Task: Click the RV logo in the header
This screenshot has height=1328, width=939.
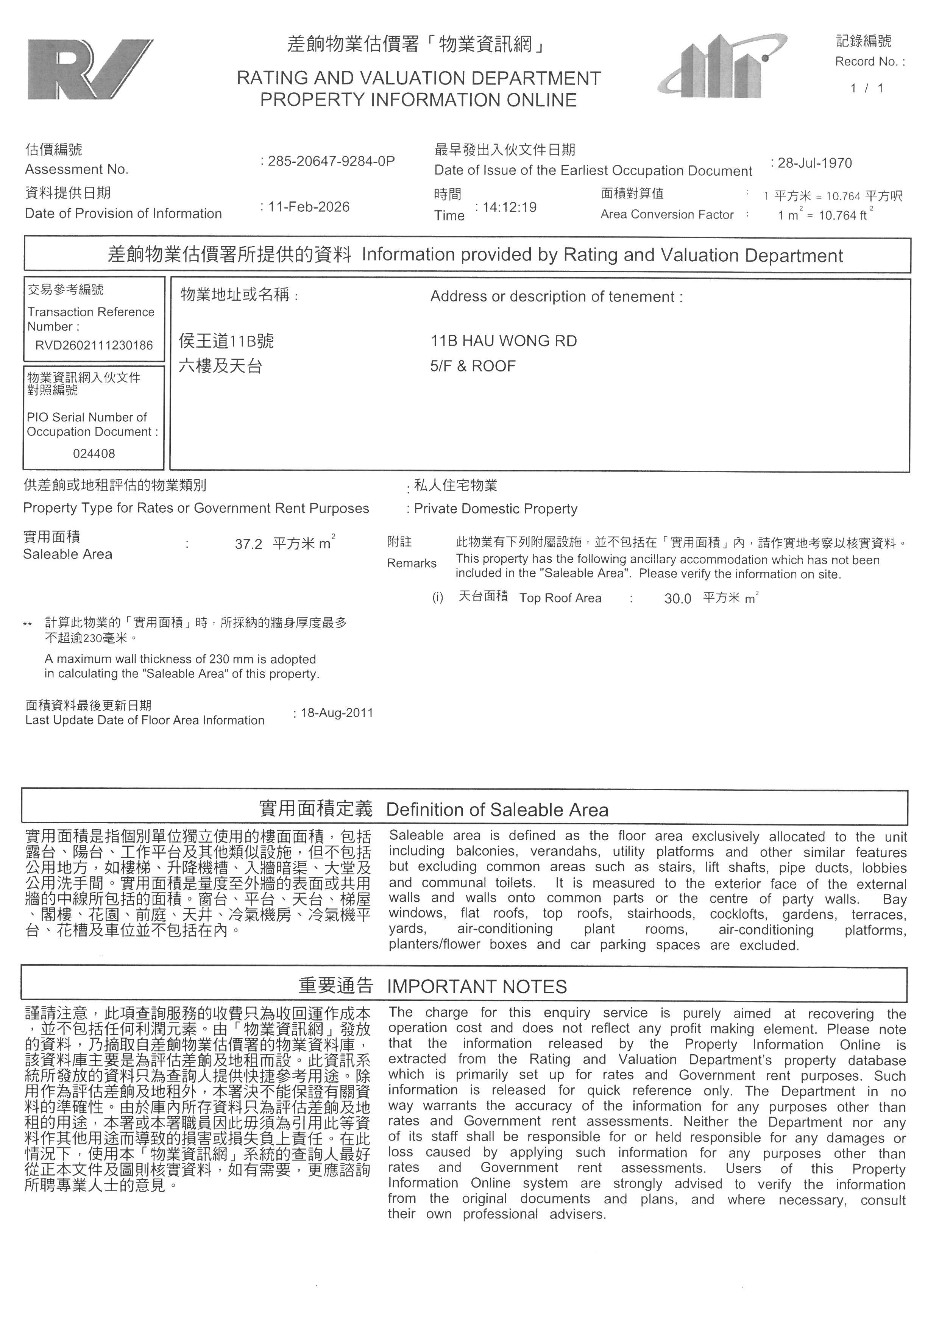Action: pyautogui.click(x=90, y=69)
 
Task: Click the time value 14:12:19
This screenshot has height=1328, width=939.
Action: pyautogui.click(x=509, y=207)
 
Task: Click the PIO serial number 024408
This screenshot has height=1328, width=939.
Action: pyautogui.click(x=94, y=454)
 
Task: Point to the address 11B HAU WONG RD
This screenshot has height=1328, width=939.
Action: pyautogui.click(x=504, y=341)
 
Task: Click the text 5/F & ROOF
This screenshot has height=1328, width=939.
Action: pyautogui.click(x=473, y=366)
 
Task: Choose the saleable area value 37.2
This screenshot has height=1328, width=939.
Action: pyautogui.click(x=249, y=544)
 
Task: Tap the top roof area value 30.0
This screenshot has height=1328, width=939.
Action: pyautogui.click(x=678, y=599)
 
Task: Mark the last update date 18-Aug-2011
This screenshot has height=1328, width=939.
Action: pyautogui.click(x=337, y=713)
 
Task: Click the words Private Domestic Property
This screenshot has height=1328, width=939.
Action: pyautogui.click(x=496, y=509)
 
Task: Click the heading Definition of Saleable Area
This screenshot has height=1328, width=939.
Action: pyautogui.click(x=497, y=810)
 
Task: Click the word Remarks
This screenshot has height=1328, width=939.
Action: pyautogui.click(x=412, y=563)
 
